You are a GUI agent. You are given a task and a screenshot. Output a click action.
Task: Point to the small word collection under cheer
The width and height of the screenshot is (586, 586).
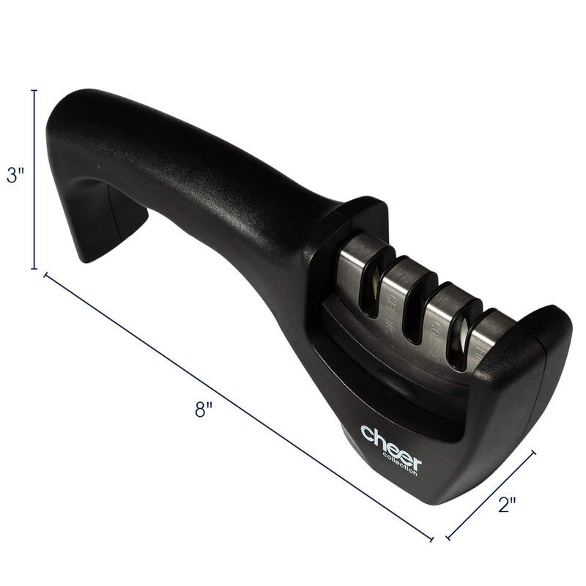(x=402, y=464)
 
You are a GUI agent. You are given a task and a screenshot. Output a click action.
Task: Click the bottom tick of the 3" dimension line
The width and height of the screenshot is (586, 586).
(x=34, y=269)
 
